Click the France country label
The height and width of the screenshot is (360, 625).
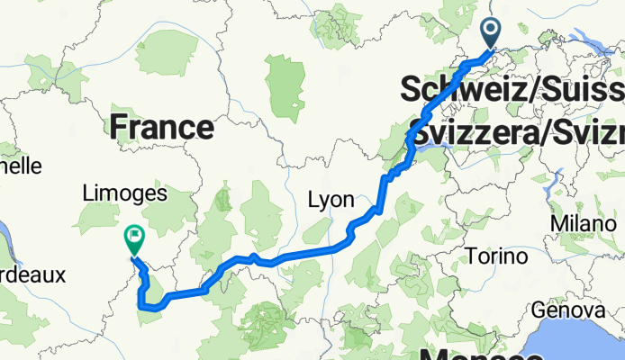tap(162, 127)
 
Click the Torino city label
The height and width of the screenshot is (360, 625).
tap(497, 257)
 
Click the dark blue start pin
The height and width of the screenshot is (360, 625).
tap(492, 34)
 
